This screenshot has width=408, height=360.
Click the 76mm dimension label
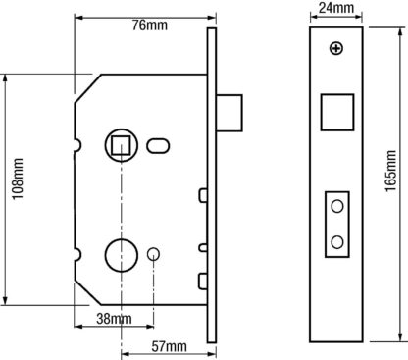point(150,26)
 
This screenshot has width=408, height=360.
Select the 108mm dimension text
point(18,179)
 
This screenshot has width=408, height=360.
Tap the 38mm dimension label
point(114,319)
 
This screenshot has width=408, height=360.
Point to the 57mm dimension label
point(169,346)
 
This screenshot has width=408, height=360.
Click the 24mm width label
point(336,8)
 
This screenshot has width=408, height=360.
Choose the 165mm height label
point(390,171)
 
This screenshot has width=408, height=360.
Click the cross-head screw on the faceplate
point(336,49)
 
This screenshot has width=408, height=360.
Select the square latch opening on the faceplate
point(337,112)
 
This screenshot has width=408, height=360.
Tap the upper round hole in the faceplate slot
point(337,207)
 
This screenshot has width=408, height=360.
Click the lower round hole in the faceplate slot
point(337,242)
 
